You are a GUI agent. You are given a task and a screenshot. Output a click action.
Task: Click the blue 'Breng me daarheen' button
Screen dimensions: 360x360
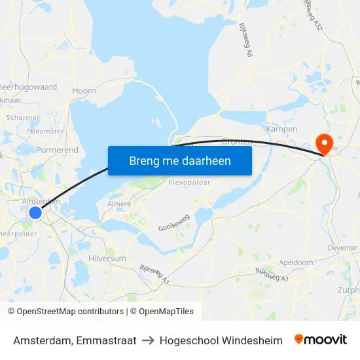180,160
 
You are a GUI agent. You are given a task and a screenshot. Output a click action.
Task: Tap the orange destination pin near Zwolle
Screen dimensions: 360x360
324,143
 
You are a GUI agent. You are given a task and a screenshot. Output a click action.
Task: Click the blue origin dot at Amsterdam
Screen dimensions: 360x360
35,213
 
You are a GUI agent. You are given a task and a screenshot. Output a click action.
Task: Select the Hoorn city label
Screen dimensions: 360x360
84,91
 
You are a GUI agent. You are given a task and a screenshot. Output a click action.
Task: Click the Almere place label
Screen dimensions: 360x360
118,204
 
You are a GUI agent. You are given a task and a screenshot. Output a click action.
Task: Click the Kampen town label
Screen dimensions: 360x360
282,129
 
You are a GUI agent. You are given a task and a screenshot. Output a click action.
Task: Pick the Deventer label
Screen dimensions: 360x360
342,248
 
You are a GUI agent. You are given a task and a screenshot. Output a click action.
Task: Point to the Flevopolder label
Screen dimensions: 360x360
189,183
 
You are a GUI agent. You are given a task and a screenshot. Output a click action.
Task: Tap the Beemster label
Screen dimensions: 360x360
48,131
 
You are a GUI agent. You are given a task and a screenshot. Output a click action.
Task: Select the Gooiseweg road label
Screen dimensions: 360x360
173,225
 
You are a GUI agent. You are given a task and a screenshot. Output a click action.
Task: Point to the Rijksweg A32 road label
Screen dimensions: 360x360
314,14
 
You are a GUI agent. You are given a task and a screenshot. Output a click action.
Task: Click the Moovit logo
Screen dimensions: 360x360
321,340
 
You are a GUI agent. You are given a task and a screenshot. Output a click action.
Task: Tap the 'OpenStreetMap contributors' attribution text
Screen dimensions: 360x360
65,312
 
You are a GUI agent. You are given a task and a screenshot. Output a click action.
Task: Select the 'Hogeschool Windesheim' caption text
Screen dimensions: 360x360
221,340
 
